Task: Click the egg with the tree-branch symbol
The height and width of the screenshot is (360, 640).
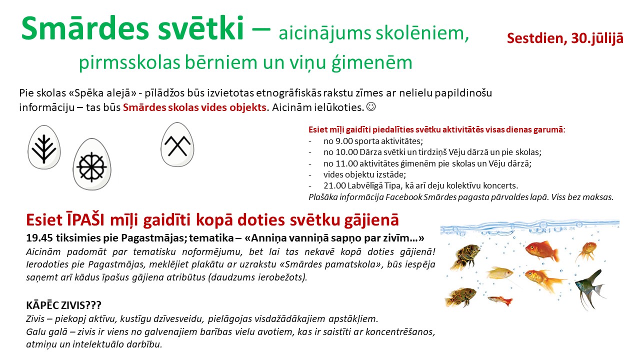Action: (44, 147)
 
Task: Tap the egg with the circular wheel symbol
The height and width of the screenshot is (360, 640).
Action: (91, 164)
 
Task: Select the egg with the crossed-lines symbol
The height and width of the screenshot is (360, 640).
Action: (177, 144)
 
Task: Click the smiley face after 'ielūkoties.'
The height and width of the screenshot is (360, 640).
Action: (371, 107)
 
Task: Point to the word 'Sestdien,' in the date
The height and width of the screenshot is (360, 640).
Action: (537, 38)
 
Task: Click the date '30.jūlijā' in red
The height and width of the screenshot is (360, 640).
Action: (597, 38)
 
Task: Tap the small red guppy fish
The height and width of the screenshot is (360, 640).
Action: (500, 300)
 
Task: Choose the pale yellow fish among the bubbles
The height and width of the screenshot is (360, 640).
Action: (499, 273)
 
